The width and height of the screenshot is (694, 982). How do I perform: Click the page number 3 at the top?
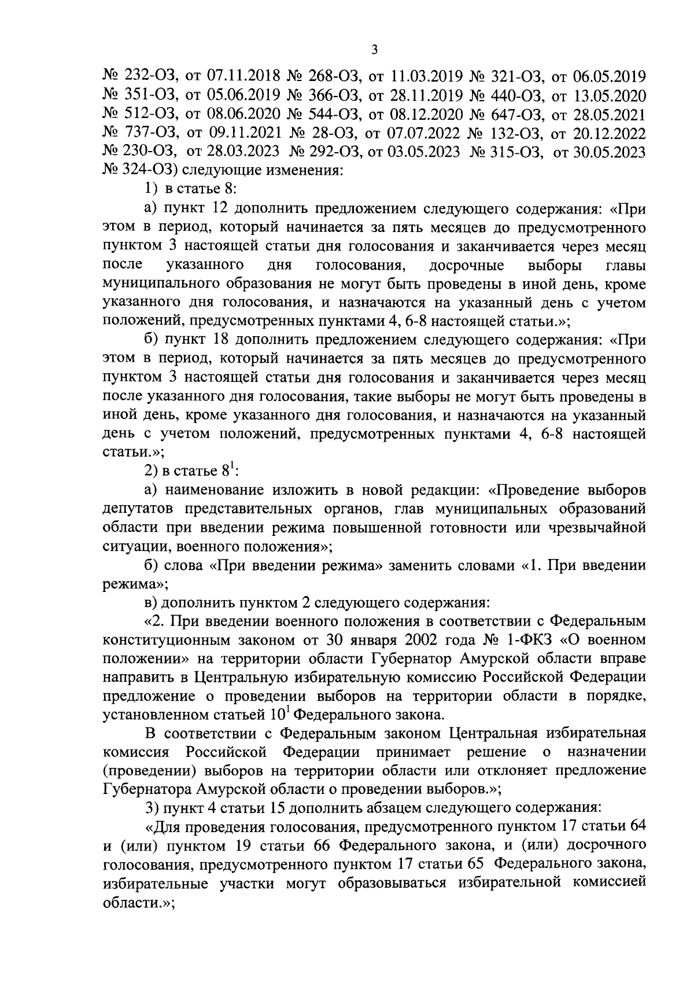coord(374,50)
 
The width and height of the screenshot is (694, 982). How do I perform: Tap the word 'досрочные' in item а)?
coord(466,266)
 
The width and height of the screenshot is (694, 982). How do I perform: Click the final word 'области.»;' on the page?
coord(138,903)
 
